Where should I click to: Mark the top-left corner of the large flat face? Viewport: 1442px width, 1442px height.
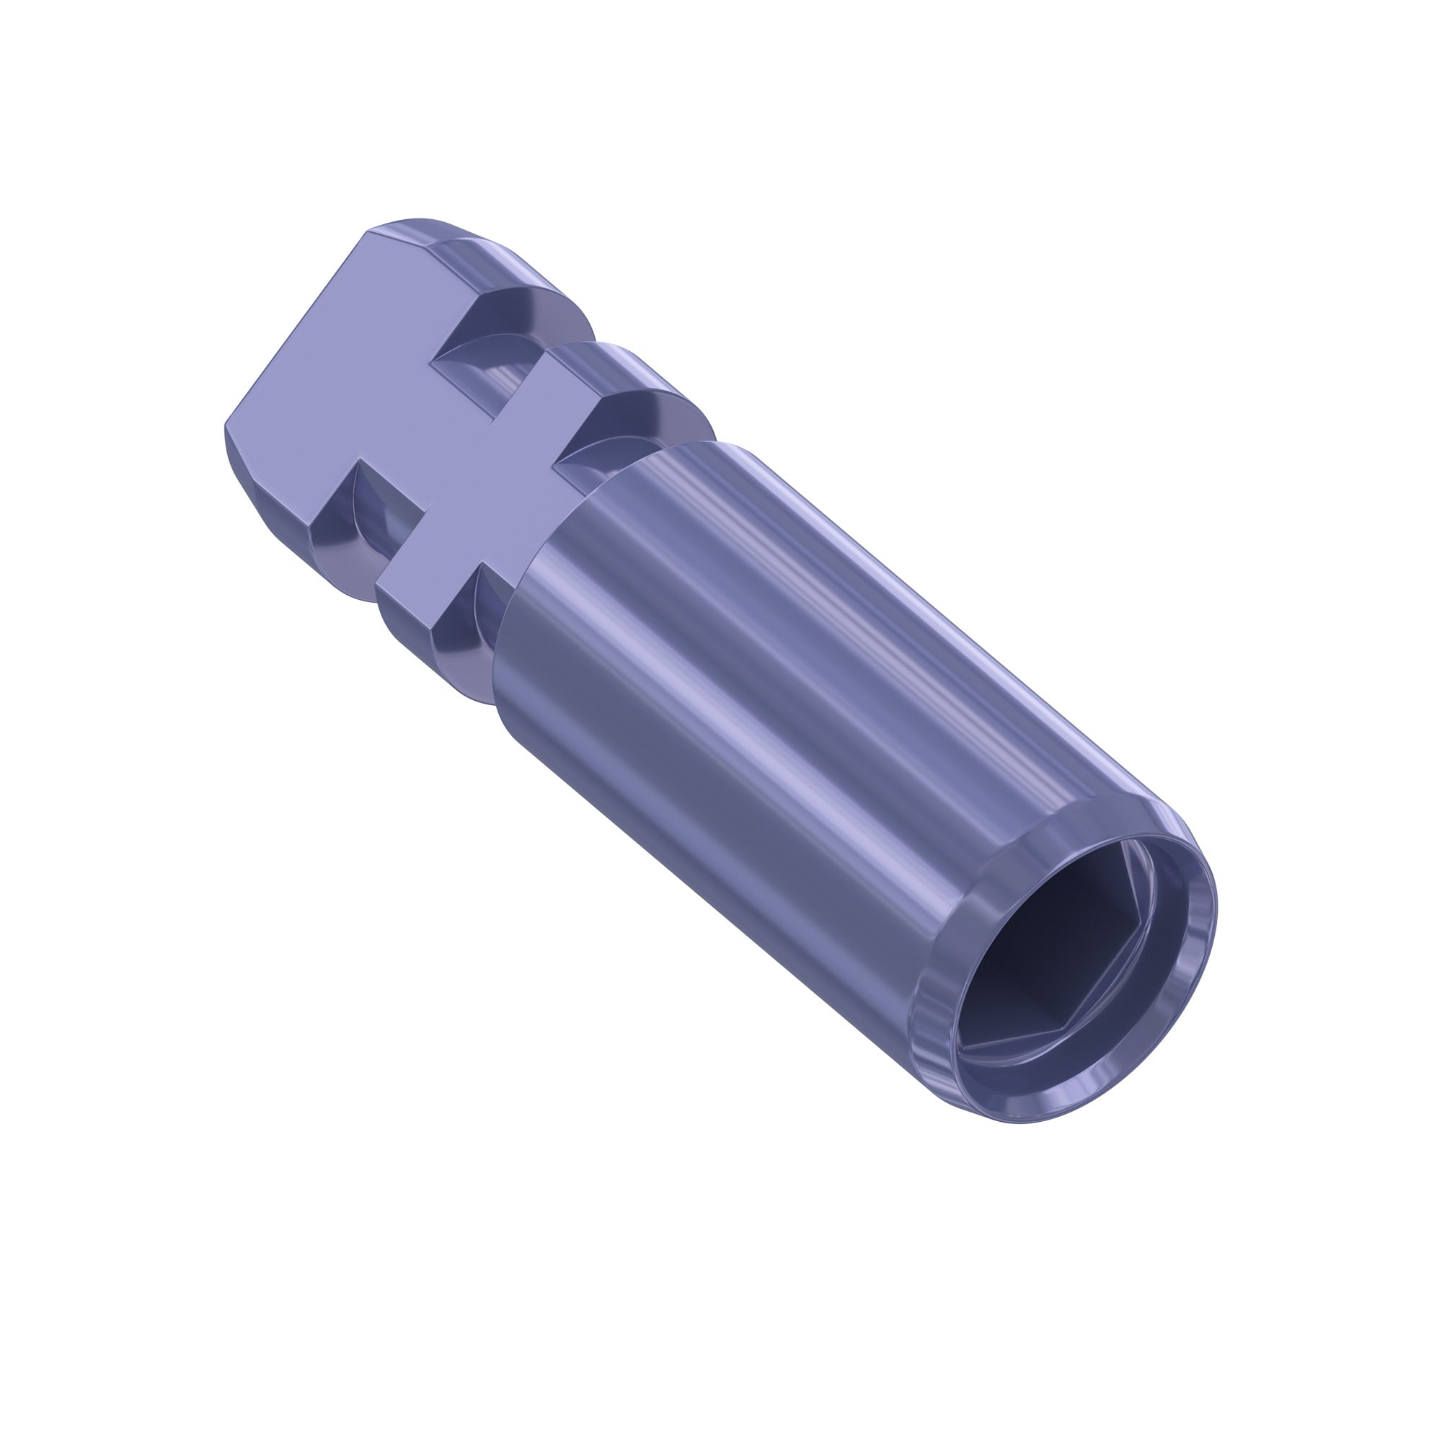tap(369, 233)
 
